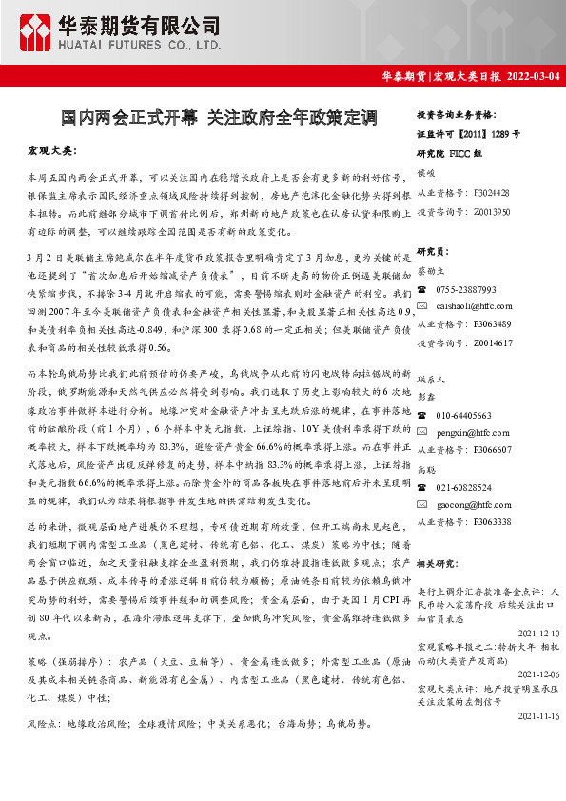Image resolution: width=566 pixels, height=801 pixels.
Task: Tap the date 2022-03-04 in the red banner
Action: (x=534, y=75)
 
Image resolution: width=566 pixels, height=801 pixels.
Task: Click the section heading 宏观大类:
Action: (x=53, y=151)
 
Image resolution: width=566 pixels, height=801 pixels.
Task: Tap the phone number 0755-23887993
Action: (x=466, y=288)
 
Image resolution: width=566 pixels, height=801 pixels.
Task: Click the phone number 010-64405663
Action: (x=463, y=415)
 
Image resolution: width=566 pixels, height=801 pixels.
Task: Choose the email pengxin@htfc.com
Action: (x=467, y=432)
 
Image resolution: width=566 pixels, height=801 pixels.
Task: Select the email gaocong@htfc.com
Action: (x=468, y=504)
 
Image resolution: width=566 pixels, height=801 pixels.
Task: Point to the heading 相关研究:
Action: (x=439, y=564)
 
